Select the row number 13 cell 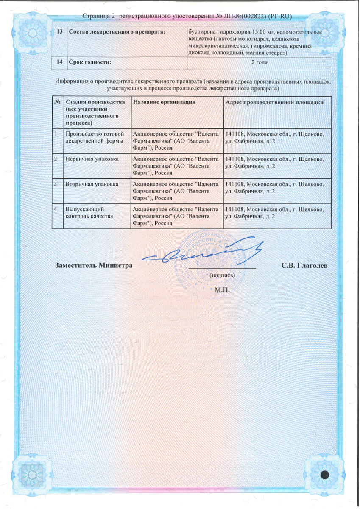[59, 33]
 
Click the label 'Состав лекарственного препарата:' [117, 33]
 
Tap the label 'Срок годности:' [90, 62]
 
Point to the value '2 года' [259, 62]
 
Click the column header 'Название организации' [164, 102]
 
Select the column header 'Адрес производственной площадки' [275, 102]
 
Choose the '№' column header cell [57, 102]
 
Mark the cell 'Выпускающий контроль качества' [89, 213]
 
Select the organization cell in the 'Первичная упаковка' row [176, 165]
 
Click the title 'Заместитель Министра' [94, 266]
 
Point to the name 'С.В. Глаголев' [304, 266]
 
